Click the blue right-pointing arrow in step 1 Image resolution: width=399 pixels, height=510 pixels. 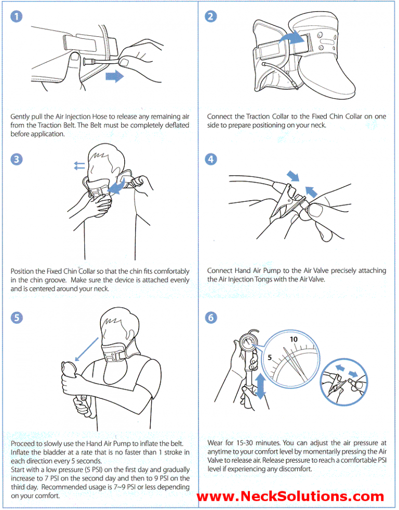[114, 77]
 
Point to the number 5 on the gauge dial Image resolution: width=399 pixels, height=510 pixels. [271, 358]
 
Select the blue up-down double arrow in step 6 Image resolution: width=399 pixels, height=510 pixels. [260, 387]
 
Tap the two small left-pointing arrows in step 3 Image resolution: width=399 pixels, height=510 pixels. [79, 166]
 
